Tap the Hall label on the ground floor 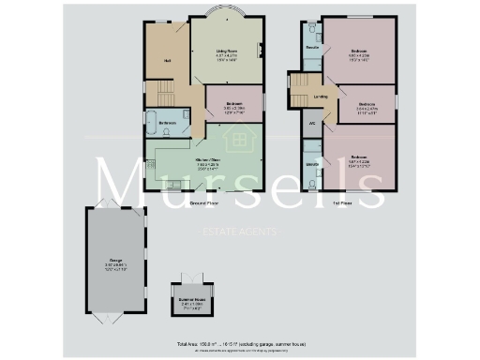coord(166,62)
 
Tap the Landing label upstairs coord(322,96)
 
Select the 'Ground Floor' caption coord(204,202)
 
